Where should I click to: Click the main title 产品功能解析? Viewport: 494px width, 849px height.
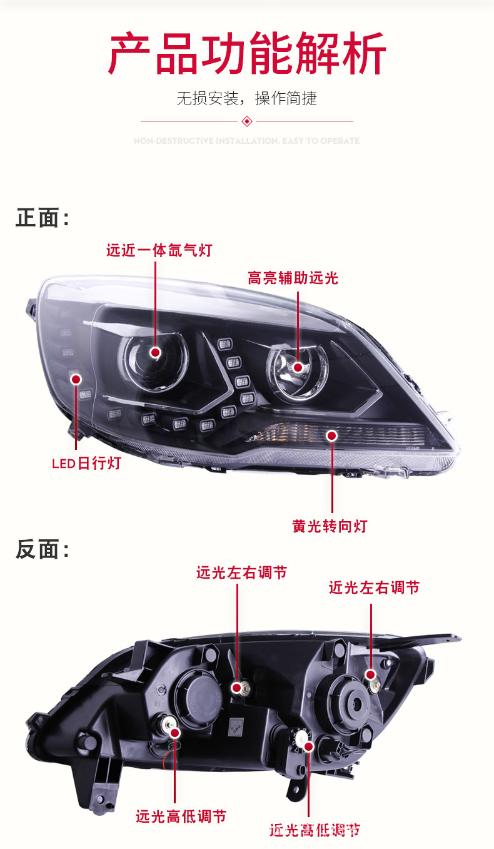coord(246,54)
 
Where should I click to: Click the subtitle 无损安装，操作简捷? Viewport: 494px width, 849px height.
coord(246,98)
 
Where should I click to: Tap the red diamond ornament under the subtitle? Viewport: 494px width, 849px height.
coord(246,121)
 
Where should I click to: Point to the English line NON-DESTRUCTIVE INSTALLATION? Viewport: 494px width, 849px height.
coord(246,141)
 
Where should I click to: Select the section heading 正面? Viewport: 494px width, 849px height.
coord(42,218)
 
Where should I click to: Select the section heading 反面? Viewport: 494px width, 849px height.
coord(42,549)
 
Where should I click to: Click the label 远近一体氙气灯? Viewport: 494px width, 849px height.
coord(159,251)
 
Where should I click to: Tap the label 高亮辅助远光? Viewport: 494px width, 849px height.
coord(293,278)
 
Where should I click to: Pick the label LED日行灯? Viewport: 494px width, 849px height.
coord(86,464)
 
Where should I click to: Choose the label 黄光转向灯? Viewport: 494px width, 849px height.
coord(330,526)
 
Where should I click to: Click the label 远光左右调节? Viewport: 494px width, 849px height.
coord(241,572)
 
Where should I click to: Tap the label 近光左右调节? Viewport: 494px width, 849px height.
coord(374,587)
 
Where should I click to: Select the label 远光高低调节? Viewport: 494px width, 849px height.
coord(181,816)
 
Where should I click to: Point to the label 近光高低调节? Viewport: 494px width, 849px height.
coord(315,830)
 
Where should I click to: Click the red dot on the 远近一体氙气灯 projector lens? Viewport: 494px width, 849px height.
coord(156,353)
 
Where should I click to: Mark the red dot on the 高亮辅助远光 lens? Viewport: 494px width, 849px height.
coord(298,367)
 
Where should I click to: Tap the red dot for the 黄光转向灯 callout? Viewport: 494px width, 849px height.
coord(331,435)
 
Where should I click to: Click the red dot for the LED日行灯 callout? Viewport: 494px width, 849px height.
coord(76,379)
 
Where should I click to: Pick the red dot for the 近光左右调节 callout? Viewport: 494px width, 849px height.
coord(371,674)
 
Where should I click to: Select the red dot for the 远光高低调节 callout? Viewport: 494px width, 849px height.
coord(174,732)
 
